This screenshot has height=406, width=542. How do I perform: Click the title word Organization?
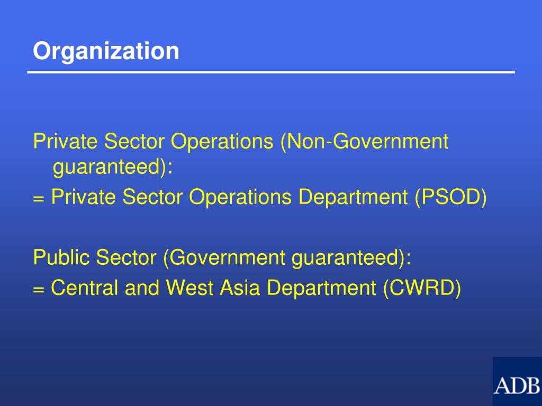(x=106, y=51)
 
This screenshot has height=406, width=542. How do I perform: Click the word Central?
(x=85, y=288)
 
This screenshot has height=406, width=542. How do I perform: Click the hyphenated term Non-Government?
(x=365, y=142)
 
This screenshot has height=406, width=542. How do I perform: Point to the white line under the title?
(x=271, y=72)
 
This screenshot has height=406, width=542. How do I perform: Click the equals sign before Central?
(x=38, y=290)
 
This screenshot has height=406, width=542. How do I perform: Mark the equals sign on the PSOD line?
(x=38, y=199)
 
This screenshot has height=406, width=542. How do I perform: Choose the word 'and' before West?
(x=143, y=288)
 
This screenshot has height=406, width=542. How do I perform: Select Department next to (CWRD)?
(x=322, y=288)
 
